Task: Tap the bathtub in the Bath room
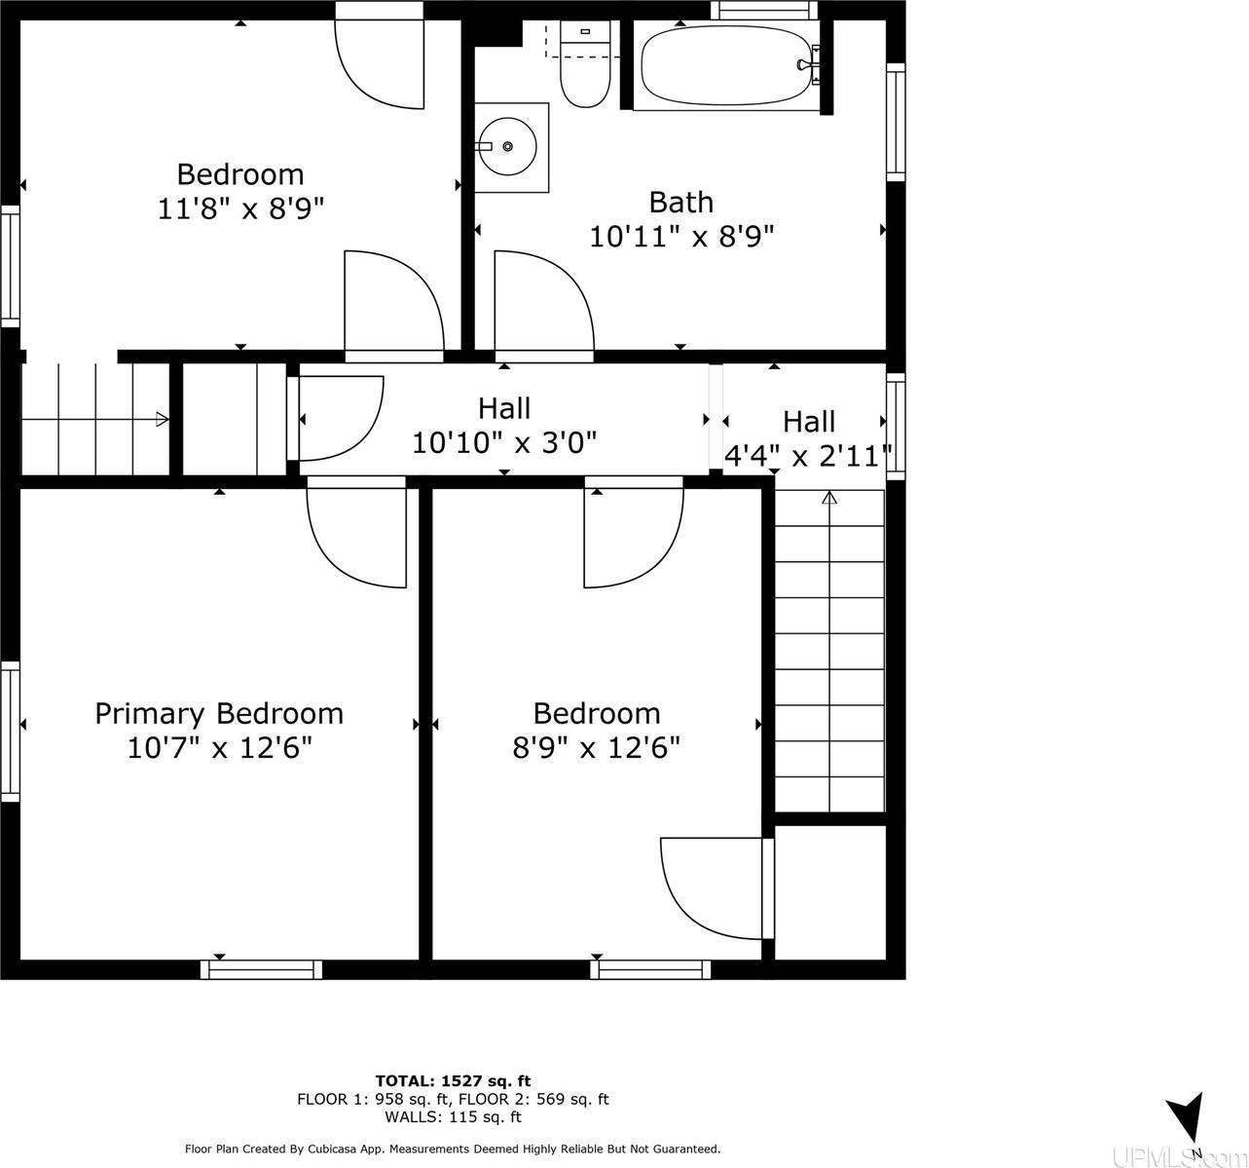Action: point(726,65)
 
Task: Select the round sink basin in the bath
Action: point(507,147)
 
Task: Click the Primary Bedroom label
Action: point(219,714)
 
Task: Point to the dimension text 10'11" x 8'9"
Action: point(681,237)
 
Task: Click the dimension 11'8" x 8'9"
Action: point(240,208)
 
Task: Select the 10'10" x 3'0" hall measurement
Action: point(503,442)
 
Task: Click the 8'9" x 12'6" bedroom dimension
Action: point(596,748)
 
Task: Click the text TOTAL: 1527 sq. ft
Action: point(453,1080)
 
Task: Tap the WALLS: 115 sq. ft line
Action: point(453,1117)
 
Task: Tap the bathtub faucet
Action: point(809,64)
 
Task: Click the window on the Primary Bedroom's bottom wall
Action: point(261,970)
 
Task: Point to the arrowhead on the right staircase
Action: point(829,498)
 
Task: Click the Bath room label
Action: point(681,203)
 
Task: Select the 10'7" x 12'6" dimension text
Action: point(219,748)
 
